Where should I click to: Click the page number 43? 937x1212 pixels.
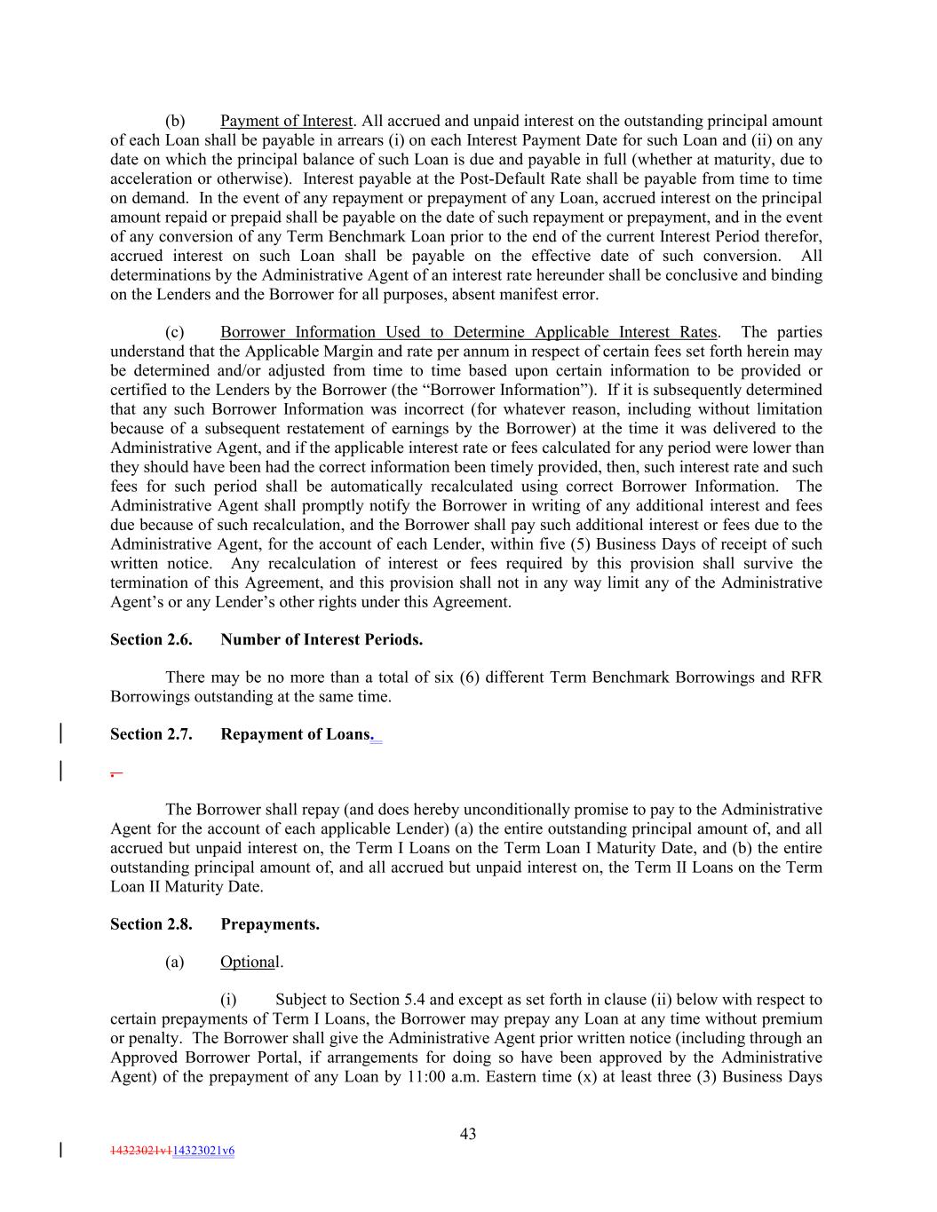[x=468, y=1133]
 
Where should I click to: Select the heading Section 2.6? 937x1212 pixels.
[x=151, y=639]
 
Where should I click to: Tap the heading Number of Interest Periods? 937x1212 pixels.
[x=322, y=639]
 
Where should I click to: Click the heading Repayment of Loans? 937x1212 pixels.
[x=295, y=734]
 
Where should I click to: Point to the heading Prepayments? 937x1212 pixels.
[x=270, y=924]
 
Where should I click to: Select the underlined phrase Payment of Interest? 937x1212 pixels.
[x=286, y=121]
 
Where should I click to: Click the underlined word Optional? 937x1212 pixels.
[x=250, y=962]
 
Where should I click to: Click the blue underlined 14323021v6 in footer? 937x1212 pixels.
[x=203, y=1151]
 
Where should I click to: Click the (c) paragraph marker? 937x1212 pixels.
[x=175, y=332]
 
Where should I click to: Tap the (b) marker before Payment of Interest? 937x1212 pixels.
[x=175, y=121]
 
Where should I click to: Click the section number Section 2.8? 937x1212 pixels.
[x=151, y=924]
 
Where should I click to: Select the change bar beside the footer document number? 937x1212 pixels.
[x=60, y=1151]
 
